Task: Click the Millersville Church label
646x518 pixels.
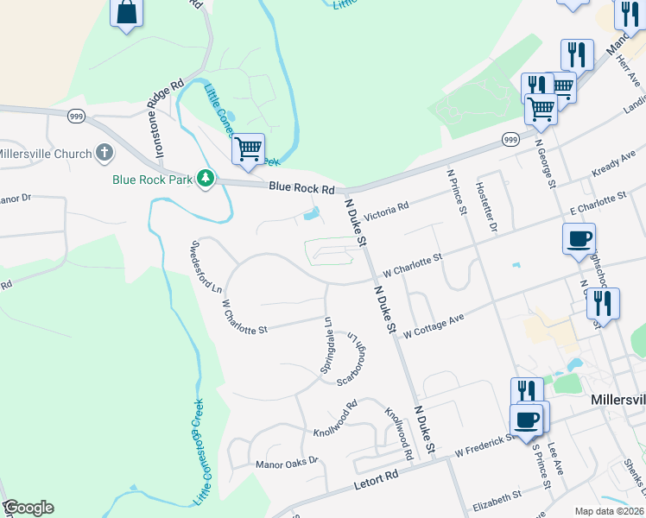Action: point(43,154)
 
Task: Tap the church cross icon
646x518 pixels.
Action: point(104,154)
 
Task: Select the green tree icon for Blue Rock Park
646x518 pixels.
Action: point(206,179)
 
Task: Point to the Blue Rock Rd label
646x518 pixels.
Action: point(301,187)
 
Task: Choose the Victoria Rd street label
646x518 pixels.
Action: point(386,211)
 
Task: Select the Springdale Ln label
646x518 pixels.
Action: point(326,344)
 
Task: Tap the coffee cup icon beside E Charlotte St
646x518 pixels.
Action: point(578,237)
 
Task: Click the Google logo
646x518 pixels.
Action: point(28,508)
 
